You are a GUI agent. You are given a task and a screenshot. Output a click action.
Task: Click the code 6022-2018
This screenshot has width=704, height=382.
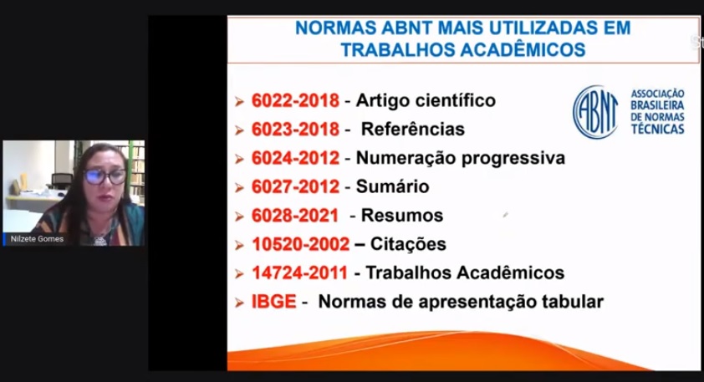(x=295, y=100)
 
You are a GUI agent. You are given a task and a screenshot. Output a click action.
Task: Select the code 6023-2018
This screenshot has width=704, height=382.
(x=295, y=130)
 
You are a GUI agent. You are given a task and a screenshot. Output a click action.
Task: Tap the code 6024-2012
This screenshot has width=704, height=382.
(x=295, y=158)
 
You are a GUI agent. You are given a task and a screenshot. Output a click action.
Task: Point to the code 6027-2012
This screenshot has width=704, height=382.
(x=295, y=186)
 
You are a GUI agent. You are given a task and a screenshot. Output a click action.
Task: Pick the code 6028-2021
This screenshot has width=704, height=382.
(x=294, y=216)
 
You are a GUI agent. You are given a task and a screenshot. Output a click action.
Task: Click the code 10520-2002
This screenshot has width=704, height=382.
(x=300, y=244)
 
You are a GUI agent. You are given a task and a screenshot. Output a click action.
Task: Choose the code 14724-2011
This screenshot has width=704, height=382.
(x=299, y=273)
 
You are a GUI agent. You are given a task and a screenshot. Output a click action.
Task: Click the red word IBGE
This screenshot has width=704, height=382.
(x=274, y=302)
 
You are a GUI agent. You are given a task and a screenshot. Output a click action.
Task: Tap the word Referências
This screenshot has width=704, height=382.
(x=412, y=130)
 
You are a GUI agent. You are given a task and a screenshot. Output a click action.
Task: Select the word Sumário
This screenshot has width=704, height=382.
(x=392, y=186)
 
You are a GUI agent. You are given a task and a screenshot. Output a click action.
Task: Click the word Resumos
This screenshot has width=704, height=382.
(x=402, y=216)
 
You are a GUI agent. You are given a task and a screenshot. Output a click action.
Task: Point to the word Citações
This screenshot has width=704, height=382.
(x=408, y=245)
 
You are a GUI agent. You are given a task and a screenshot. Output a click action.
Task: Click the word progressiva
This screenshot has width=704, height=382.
(x=513, y=159)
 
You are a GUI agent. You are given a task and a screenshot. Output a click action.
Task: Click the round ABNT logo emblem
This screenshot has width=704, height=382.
(x=595, y=112)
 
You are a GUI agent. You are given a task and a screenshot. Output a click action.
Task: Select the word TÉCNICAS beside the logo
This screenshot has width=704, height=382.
(x=657, y=130)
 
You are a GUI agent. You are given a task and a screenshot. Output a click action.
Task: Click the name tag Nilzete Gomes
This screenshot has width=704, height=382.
(x=37, y=239)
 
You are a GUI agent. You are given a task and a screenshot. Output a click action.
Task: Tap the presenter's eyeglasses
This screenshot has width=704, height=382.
(x=105, y=176)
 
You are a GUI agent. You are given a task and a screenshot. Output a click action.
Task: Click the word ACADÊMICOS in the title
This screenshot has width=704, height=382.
(x=523, y=50)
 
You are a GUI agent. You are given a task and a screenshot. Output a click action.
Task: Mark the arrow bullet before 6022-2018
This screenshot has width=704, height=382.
(x=239, y=101)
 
